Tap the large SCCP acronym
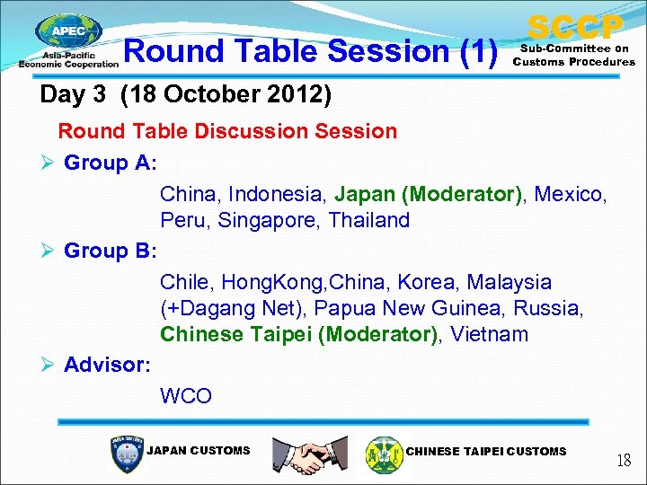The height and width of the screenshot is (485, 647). (x=574, y=27)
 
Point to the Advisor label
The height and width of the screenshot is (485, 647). (x=107, y=365)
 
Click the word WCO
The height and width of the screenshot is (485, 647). (x=186, y=395)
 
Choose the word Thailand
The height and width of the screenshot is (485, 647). (x=368, y=220)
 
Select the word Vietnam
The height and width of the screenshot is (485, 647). (x=490, y=334)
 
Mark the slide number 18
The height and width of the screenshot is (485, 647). (x=623, y=461)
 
